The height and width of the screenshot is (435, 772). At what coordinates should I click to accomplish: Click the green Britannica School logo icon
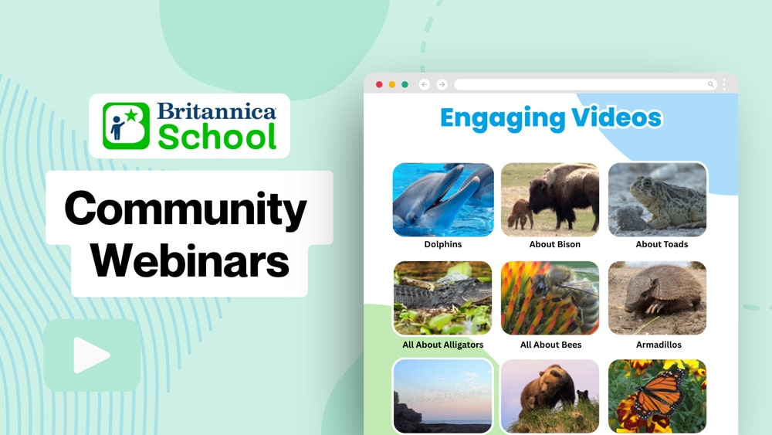click(126, 126)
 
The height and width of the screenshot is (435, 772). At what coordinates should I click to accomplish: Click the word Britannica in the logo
click(217, 111)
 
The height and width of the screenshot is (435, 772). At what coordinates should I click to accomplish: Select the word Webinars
click(190, 260)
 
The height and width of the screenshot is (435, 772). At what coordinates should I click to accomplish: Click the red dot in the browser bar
click(379, 85)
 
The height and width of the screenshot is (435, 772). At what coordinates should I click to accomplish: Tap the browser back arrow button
click(425, 85)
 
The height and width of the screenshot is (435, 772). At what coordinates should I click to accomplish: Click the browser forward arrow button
click(442, 85)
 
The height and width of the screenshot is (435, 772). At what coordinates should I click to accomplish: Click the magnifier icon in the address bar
click(710, 85)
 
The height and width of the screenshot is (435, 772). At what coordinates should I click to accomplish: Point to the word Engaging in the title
click(502, 119)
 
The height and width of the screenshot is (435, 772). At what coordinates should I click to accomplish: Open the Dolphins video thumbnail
click(443, 200)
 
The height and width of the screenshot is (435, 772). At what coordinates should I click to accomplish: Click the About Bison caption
click(555, 244)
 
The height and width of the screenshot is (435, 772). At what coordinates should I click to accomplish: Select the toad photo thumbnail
click(657, 200)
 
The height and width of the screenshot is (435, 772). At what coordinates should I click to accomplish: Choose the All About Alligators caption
click(442, 345)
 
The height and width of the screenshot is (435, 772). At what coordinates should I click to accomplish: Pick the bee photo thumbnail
click(550, 298)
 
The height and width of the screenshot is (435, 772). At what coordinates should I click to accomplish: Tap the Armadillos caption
click(659, 345)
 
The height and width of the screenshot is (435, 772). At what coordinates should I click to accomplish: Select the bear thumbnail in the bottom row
click(550, 396)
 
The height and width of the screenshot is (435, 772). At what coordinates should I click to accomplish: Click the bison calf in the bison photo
click(520, 213)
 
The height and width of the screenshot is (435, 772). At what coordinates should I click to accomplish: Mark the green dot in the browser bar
click(405, 85)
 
